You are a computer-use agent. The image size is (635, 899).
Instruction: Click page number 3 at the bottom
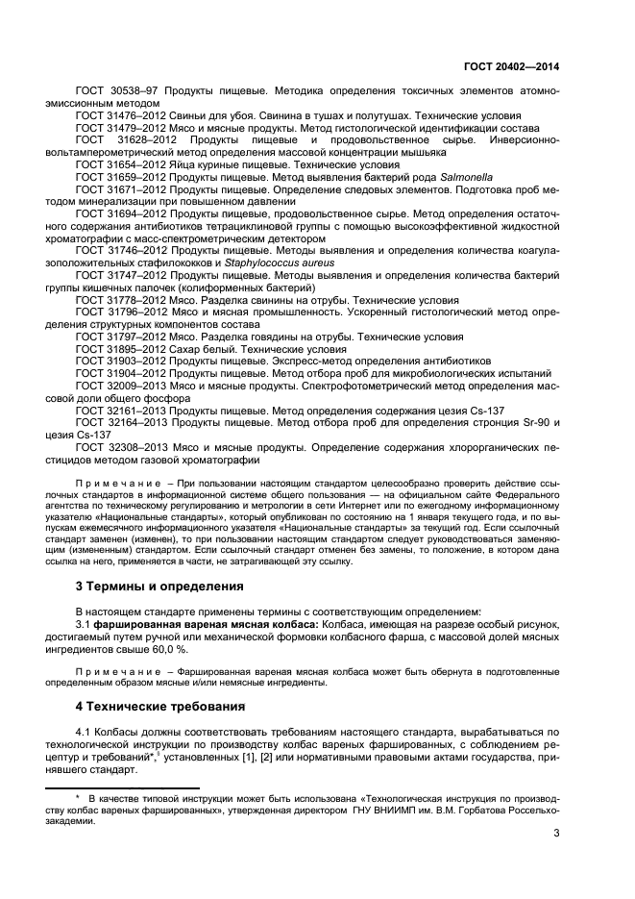[x=556, y=833]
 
